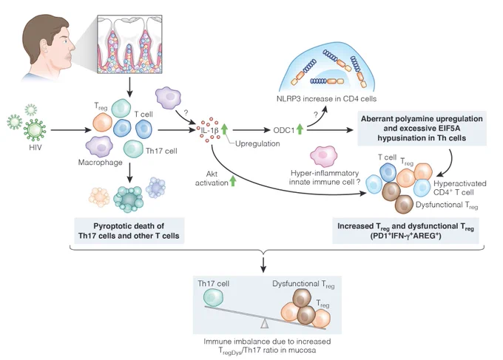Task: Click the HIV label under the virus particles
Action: (x=35, y=147)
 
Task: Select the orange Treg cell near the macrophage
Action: (x=102, y=122)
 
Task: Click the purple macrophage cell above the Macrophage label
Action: (x=99, y=147)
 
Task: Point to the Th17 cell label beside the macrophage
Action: (x=161, y=151)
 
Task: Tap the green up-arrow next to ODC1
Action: (x=300, y=129)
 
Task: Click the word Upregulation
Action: (x=257, y=143)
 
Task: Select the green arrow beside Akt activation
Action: (x=233, y=181)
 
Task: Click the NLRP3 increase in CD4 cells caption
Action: (x=326, y=99)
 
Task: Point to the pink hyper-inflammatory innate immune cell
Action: (x=324, y=156)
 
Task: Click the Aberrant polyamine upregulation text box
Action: (x=422, y=128)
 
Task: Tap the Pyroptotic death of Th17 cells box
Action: (x=129, y=231)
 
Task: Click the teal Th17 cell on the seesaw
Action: (x=213, y=297)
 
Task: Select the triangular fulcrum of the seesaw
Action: (x=264, y=324)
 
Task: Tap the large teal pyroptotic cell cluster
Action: (x=129, y=199)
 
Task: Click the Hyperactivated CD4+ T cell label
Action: (x=459, y=188)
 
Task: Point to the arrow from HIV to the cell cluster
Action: (x=71, y=130)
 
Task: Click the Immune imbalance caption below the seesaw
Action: (x=267, y=346)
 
